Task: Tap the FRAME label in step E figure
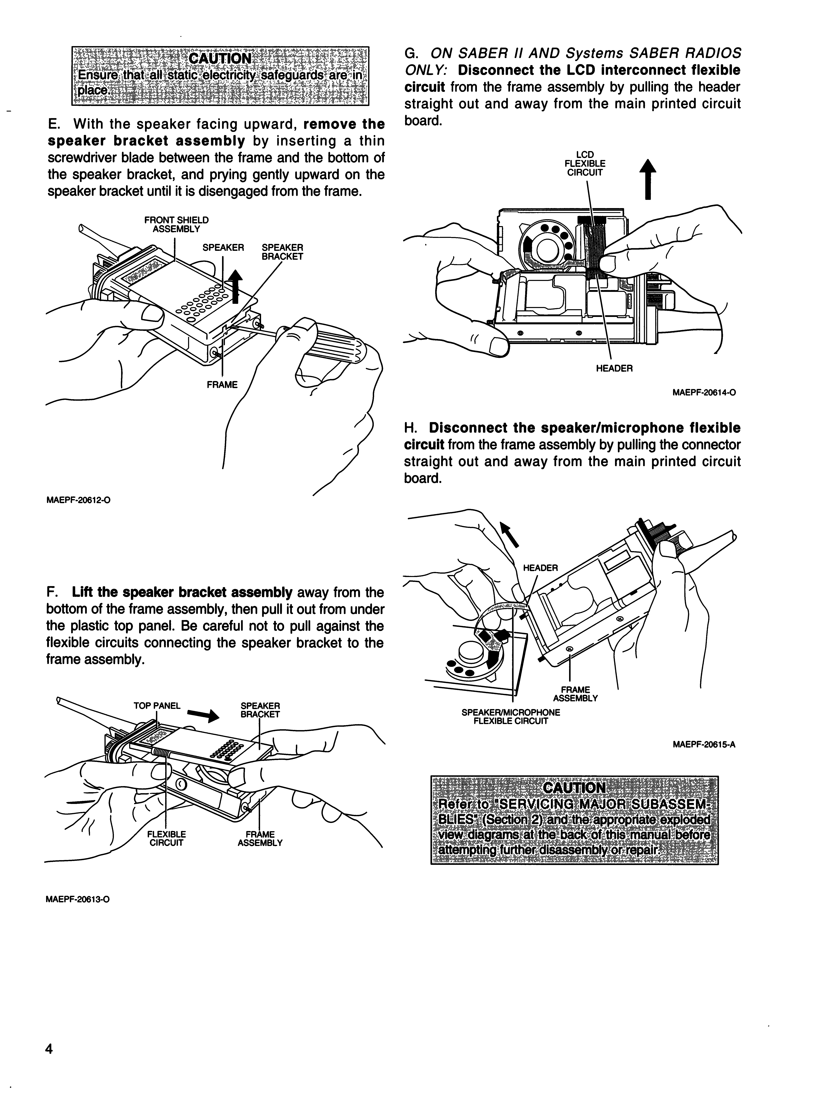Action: tap(222, 385)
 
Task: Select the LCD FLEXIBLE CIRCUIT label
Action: tap(585, 164)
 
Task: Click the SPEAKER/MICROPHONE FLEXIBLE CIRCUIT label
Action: tap(511, 717)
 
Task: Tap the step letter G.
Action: tap(409, 53)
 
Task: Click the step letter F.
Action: tap(50, 592)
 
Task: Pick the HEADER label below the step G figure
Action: tap(614, 369)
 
